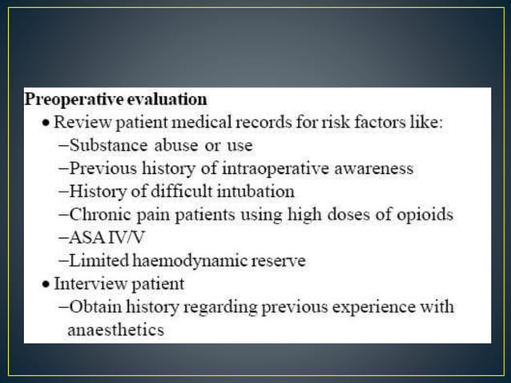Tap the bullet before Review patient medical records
tap(47, 123)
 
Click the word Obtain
tap(94, 307)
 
